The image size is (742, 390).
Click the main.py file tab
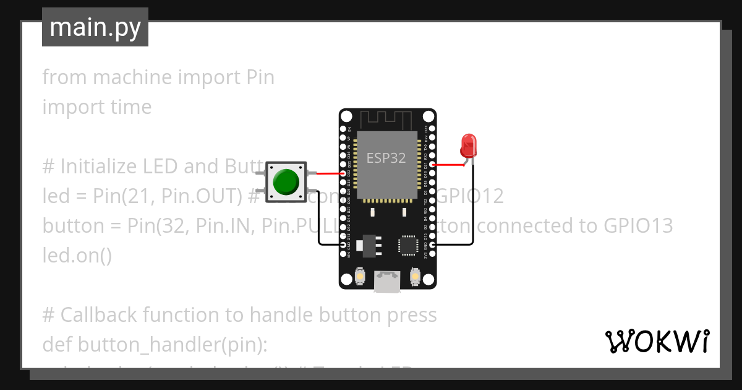(95, 27)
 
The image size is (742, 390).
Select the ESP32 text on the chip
(386, 158)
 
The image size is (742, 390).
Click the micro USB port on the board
(387, 282)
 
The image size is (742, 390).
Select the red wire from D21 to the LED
(448, 165)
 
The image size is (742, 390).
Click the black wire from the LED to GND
(473, 210)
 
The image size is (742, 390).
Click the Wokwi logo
(656, 341)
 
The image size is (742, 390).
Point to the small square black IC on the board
(408, 245)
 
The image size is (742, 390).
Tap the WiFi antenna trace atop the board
(386, 119)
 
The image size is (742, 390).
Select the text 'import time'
(97, 107)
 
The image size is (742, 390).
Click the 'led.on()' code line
(77, 255)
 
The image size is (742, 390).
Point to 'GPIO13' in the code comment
(638, 226)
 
